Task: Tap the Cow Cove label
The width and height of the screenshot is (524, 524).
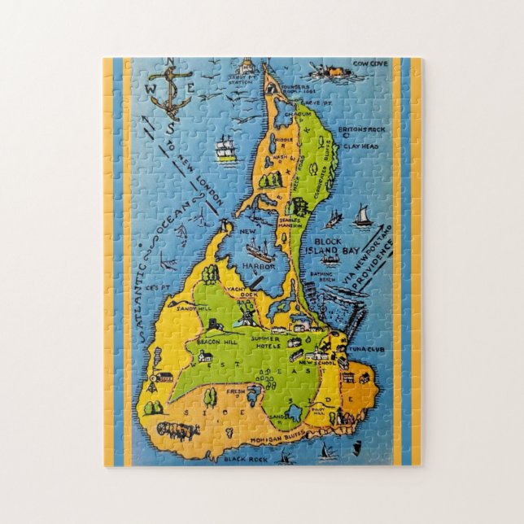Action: click(369, 62)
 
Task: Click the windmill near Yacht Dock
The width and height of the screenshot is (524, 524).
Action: click(242, 313)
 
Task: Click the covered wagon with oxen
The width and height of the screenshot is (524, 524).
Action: click(177, 429)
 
